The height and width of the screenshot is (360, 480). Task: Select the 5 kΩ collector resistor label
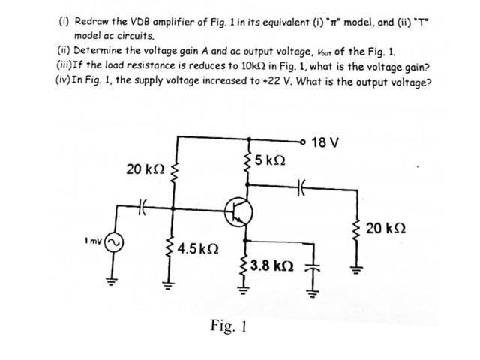coord(268,160)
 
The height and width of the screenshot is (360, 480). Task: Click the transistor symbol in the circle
coord(239,213)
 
